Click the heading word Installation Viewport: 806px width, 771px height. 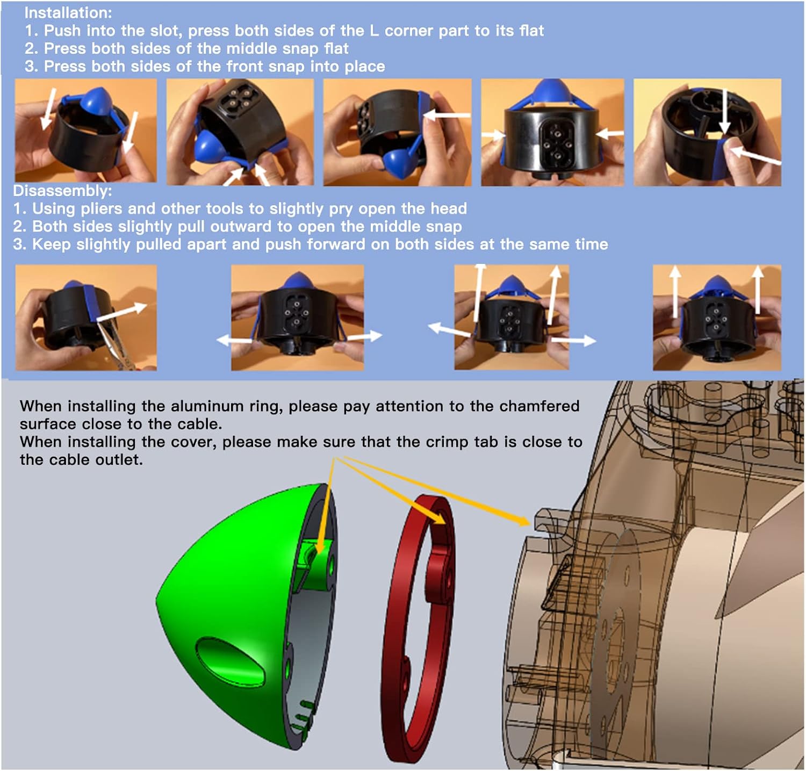coord(67,12)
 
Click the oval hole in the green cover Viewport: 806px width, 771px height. coord(230,658)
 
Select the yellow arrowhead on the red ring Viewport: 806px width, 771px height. coord(438,516)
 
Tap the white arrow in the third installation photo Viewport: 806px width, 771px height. coord(447,114)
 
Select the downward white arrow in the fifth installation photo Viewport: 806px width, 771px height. coord(724,111)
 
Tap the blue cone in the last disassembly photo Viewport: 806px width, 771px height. coord(717,287)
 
